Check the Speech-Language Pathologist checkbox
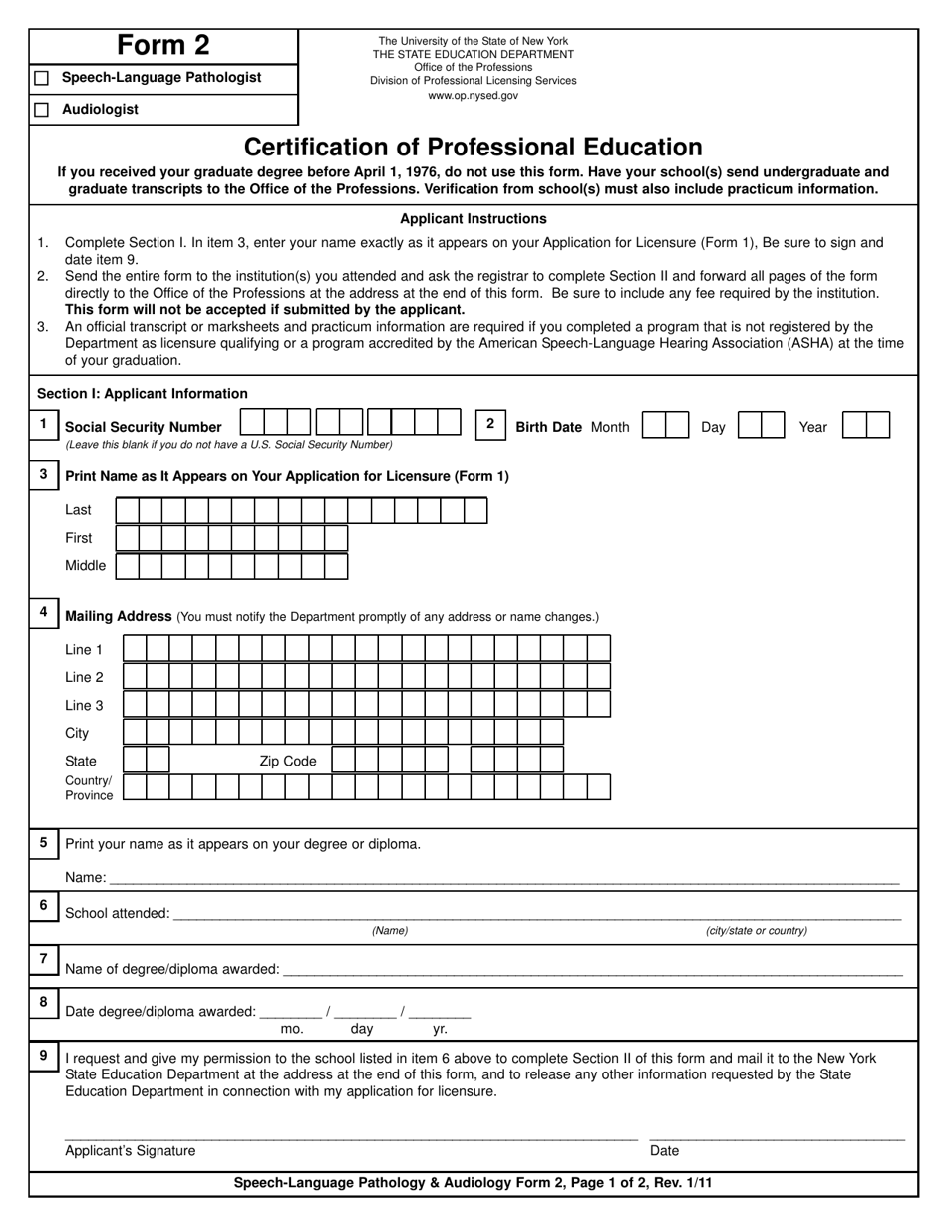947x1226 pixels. [41, 78]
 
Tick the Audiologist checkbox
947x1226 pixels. [41, 110]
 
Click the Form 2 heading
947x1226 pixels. [163, 46]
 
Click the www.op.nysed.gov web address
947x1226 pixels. [473, 96]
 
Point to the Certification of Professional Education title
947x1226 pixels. [473, 148]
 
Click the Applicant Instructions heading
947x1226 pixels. [473, 219]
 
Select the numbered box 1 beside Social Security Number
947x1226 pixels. [43, 425]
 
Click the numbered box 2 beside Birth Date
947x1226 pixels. [489, 424]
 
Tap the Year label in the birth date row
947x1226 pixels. [812, 427]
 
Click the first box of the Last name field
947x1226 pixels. [128, 511]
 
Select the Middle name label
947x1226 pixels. [85, 566]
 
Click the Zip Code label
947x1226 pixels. [288, 762]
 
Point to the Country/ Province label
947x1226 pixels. [89, 788]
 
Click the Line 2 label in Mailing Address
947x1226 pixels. [84, 678]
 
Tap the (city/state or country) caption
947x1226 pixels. [757, 931]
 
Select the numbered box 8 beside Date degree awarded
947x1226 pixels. [43, 1002]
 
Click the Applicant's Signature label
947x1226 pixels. [131, 1151]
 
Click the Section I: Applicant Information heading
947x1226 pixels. [143, 394]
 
